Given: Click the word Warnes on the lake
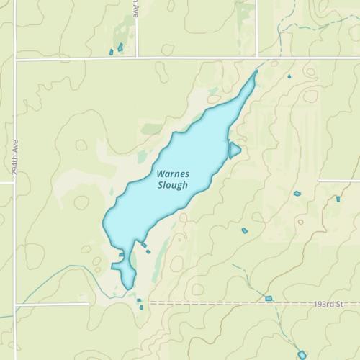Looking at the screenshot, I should point(173,174).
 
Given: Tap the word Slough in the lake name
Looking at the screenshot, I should point(173,185).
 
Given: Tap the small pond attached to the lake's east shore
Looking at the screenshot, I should point(234,150).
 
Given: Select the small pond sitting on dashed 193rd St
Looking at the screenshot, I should point(269,298).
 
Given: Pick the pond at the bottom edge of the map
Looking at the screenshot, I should point(302,354).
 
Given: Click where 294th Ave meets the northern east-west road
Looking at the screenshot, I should point(14,60).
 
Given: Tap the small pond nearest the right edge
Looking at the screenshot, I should point(338,199).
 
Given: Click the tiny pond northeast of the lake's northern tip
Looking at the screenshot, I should point(289,76).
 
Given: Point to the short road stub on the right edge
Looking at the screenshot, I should point(338,180).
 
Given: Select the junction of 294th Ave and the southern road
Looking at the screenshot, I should point(14,304).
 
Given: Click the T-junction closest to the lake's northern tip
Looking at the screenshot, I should point(258,58).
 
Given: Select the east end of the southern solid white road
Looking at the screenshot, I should point(89,304).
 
